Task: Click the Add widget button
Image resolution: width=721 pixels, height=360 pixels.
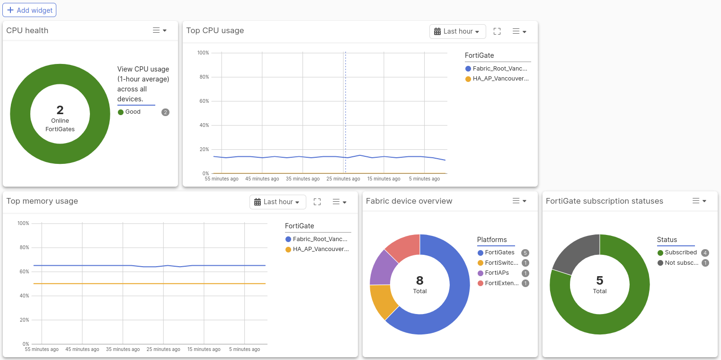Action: pos(29,10)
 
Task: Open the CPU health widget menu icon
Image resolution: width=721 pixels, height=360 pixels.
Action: pos(160,30)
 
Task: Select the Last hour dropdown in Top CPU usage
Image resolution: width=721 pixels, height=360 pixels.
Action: pos(457,31)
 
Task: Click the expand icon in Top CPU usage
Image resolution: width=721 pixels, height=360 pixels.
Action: pos(497,31)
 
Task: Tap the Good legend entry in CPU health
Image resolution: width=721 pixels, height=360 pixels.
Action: pos(133,112)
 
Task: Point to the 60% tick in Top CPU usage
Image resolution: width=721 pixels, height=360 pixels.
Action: pos(204,101)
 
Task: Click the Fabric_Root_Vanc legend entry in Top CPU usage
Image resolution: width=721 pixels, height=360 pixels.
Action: pos(499,69)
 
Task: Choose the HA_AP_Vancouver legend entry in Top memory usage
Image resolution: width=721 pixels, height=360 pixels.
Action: pos(320,249)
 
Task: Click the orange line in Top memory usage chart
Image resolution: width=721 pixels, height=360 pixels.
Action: pos(142,284)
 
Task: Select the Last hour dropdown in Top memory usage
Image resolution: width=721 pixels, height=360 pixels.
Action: pos(277,202)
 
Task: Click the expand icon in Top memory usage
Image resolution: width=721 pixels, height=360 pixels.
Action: pos(317,202)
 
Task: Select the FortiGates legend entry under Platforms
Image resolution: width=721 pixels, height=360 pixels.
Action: pos(499,252)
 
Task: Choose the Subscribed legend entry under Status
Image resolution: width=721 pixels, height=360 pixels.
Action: pos(680,252)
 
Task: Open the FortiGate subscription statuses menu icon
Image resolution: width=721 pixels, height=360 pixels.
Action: pos(699,201)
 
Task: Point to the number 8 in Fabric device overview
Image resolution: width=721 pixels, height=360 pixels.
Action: pos(420,280)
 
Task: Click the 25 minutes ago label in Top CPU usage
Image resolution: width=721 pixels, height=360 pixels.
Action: pos(343,179)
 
